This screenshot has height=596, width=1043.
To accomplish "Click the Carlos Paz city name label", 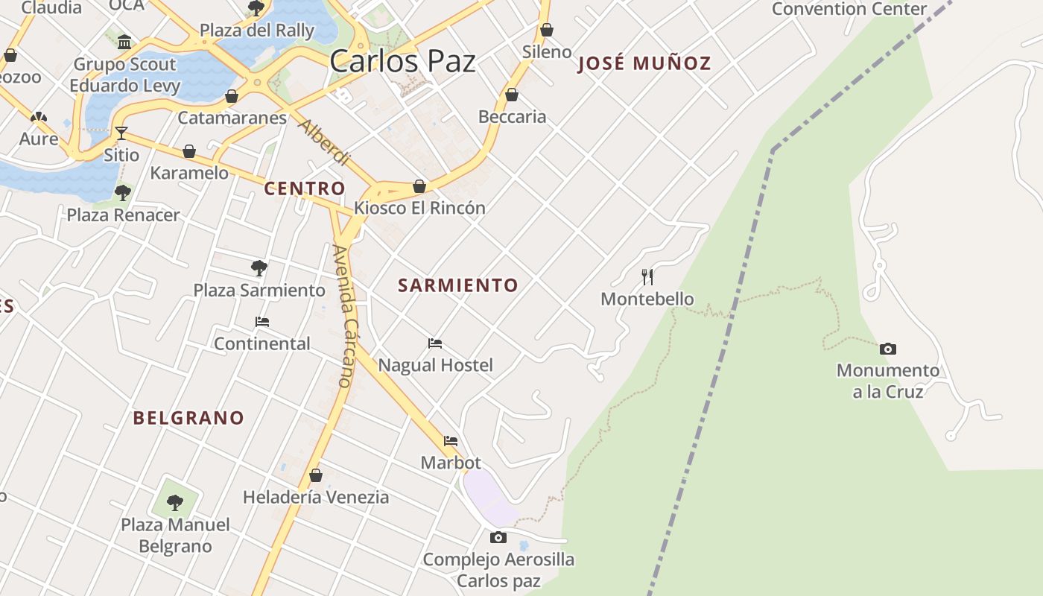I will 402,61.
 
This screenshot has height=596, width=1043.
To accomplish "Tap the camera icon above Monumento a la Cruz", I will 887,349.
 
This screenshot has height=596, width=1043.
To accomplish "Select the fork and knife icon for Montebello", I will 647,277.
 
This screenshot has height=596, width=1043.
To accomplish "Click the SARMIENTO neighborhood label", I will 457,285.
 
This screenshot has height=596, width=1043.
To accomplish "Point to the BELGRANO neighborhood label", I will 188,418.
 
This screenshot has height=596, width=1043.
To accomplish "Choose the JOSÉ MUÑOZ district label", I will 644,64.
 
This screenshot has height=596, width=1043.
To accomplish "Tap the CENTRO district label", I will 305,188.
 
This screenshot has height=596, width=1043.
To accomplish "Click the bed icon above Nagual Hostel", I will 435,343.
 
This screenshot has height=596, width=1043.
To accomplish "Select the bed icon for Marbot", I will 451,441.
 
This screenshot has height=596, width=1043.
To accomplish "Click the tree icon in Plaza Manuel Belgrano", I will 175,502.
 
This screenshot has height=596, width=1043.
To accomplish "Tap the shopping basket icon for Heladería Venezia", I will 316,475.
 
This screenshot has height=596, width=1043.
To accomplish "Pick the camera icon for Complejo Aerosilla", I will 498,537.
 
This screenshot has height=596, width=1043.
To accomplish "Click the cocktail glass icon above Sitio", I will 121,133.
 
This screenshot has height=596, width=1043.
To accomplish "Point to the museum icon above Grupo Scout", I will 124,42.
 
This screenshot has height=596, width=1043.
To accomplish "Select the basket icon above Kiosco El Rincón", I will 419,186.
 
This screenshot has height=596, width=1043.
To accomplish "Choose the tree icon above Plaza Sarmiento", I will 259,267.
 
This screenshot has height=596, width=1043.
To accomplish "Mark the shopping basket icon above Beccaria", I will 512,95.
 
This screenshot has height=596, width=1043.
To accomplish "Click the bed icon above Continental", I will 262,322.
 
